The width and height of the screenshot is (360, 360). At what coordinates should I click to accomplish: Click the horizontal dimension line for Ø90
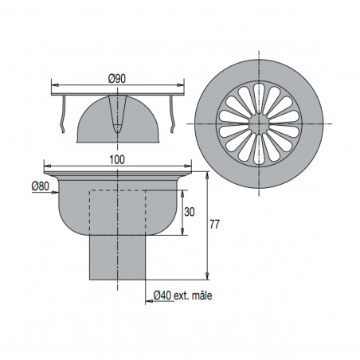click(88, 84)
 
